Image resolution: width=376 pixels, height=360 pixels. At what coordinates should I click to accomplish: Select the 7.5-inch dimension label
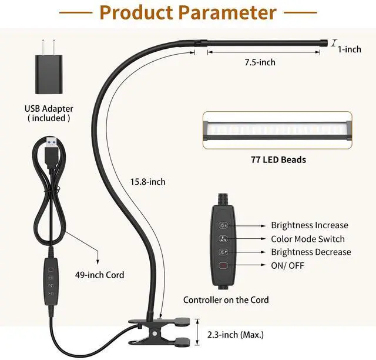[x=259, y=62]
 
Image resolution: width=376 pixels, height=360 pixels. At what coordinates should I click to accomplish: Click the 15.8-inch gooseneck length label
[x=147, y=182]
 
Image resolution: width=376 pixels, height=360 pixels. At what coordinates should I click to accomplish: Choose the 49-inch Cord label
[x=99, y=274]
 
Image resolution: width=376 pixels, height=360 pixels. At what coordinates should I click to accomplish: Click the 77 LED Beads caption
[x=277, y=159]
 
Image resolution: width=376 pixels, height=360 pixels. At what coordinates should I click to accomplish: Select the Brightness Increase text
[x=309, y=225]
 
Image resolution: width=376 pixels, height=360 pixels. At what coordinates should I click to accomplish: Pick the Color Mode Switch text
[x=308, y=239]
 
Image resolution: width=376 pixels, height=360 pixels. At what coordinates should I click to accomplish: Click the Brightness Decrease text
[x=311, y=252]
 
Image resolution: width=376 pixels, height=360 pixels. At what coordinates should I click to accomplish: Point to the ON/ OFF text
[x=288, y=266]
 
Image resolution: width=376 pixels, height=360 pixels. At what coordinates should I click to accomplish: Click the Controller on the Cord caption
[x=226, y=300]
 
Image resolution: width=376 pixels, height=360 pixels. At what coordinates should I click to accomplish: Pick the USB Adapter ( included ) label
[x=49, y=114]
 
